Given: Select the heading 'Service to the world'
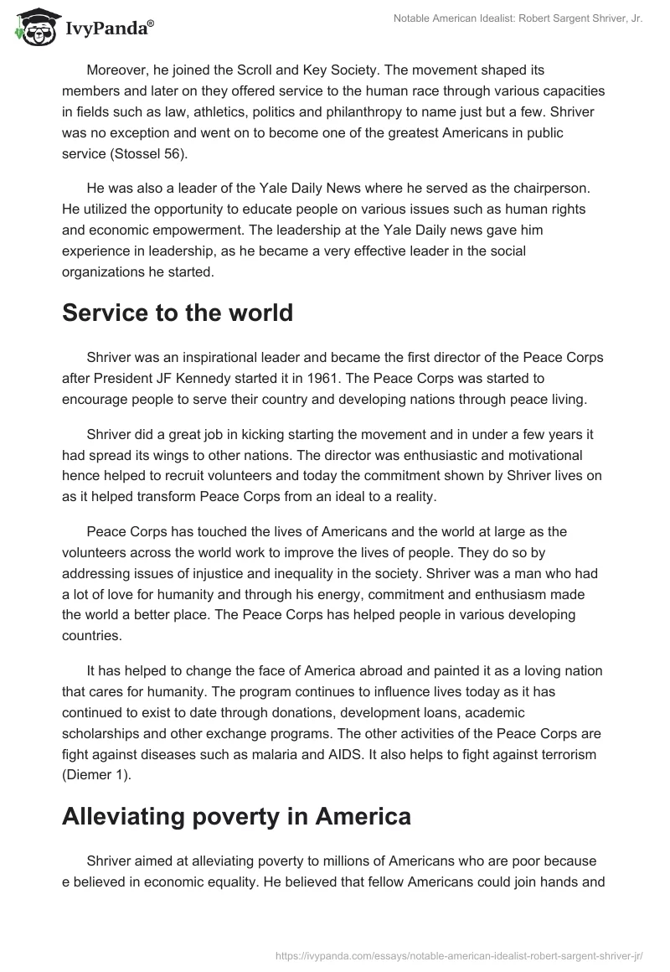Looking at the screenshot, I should (x=178, y=313).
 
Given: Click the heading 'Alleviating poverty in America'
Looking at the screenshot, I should (x=236, y=816).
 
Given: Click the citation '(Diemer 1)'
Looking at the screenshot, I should (x=98, y=774).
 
